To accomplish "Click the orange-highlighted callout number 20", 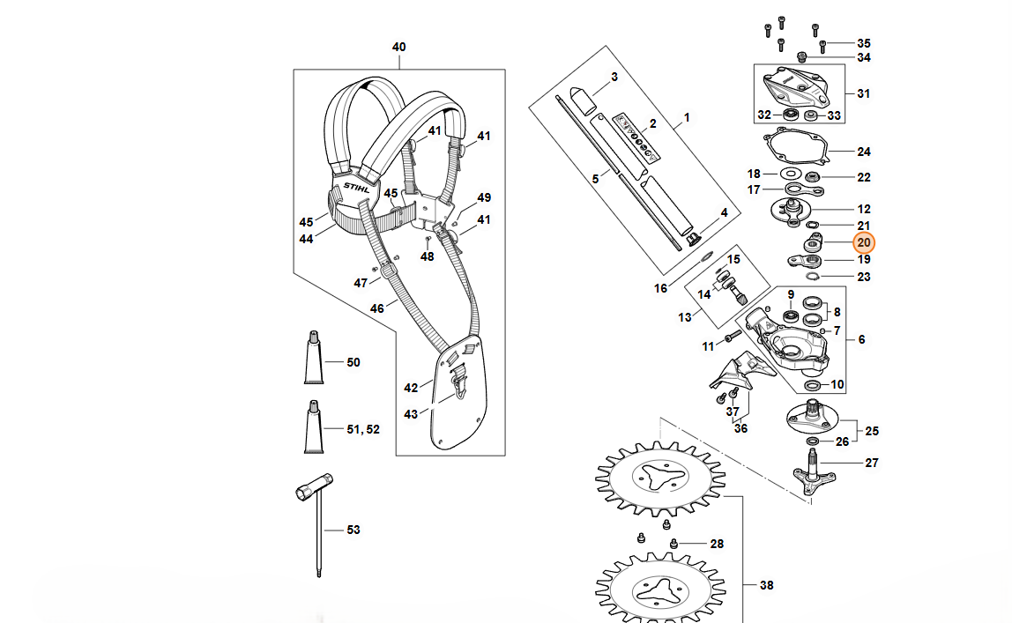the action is pyautogui.click(x=864, y=242).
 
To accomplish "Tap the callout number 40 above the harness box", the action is pyautogui.click(x=398, y=47).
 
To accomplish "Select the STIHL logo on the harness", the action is pyautogui.click(x=357, y=188).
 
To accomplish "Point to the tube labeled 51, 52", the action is pyautogui.click(x=314, y=427).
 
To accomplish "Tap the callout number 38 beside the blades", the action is pyautogui.click(x=766, y=585).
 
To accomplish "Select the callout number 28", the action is pyautogui.click(x=717, y=544).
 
